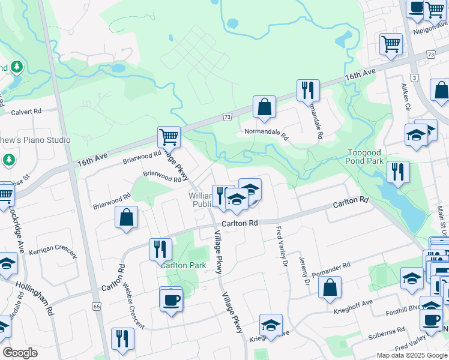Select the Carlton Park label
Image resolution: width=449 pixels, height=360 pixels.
point(183,265)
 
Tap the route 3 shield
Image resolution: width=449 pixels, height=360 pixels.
point(414,78)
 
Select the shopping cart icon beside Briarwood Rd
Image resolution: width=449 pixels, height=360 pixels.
point(169,136)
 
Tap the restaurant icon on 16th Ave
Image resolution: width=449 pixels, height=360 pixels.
point(308,90)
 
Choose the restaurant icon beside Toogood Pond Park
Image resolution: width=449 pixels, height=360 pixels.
point(398,171)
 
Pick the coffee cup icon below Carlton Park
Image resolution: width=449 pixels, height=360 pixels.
point(171,299)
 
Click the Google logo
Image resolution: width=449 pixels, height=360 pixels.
point(20,353)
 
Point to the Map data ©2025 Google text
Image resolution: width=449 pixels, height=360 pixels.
point(411,355)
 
